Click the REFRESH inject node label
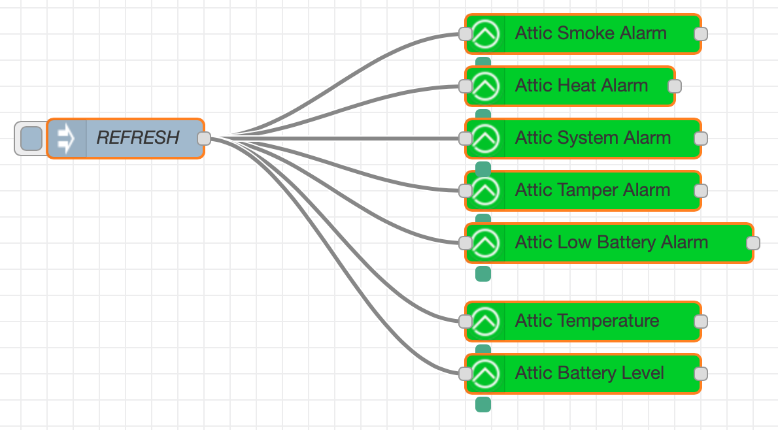point(137,138)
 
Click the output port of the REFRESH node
point(204,138)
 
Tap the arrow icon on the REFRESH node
point(66,138)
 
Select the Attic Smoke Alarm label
point(590,33)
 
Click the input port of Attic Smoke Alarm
point(465,34)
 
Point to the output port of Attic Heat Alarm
point(675,86)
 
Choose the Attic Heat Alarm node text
point(581,86)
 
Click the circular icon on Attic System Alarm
point(486,139)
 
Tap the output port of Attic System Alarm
point(701,139)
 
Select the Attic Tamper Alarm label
point(592,190)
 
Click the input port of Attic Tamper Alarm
point(465,191)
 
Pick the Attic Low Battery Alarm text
point(611,242)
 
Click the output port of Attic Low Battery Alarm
point(753,243)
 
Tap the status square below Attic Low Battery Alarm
point(483,274)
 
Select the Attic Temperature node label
point(586,321)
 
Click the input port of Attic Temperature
point(465,322)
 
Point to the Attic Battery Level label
point(589,373)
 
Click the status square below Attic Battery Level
point(483,405)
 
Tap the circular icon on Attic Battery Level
point(486,374)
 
